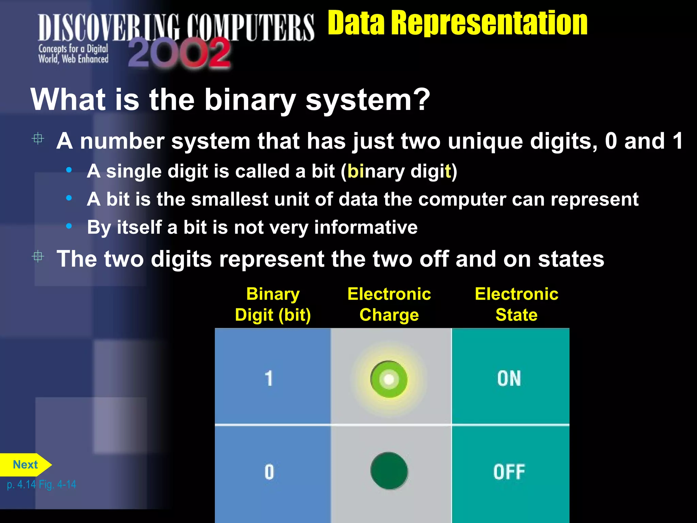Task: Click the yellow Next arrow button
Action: coord(25,465)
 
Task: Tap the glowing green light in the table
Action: coord(389,379)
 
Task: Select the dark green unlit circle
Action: coord(389,471)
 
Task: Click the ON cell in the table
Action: coord(509,378)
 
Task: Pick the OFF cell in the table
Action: coord(509,472)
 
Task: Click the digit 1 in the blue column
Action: coord(269,378)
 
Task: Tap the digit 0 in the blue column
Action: coord(269,472)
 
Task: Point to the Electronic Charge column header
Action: coord(389,304)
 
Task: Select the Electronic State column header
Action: coord(516,304)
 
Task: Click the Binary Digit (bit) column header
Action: coord(273,304)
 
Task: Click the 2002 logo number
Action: coord(180,53)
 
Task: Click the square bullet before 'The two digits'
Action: coord(38,256)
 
